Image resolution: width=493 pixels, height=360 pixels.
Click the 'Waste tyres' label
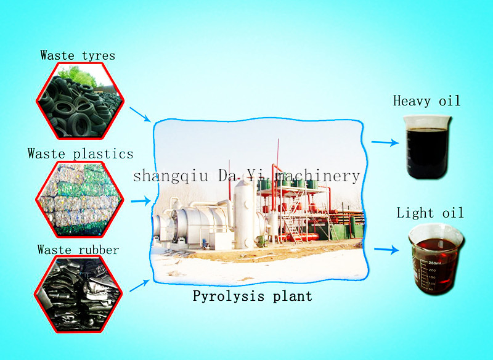click(x=78, y=55)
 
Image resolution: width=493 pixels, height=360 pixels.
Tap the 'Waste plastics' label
click(x=81, y=153)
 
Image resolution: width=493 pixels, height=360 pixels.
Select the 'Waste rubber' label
click(x=78, y=250)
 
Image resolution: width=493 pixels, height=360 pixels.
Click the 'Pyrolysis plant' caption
click(x=253, y=296)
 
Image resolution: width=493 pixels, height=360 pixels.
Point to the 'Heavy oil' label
click(x=426, y=101)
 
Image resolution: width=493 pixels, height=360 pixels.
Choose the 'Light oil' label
click(x=430, y=213)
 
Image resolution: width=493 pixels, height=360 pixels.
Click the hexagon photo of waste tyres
click(x=80, y=100)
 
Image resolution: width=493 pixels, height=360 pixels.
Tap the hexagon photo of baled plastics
click(x=80, y=199)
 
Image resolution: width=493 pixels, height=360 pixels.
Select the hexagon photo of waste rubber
click(x=78, y=293)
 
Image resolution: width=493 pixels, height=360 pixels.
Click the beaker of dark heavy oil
click(x=427, y=147)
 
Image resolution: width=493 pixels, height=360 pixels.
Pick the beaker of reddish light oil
click(x=436, y=258)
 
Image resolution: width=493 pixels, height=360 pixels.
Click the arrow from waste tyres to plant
click(x=141, y=115)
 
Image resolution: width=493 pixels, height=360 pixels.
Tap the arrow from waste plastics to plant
click(x=141, y=200)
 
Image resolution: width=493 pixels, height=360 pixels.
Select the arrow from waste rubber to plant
click(x=139, y=285)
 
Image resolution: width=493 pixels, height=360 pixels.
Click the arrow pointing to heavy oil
click(x=385, y=142)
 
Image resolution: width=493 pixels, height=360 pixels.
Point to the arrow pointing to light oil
click(x=386, y=250)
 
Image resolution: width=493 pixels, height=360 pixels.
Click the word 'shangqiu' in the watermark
click(x=171, y=176)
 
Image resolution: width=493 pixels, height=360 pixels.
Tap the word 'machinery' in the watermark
click(x=317, y=176)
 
